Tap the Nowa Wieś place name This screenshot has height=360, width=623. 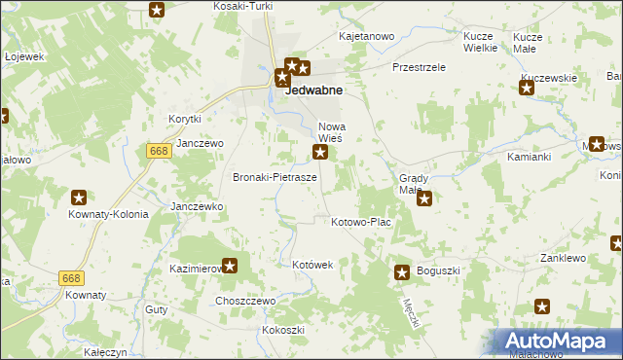(x=334, y=133)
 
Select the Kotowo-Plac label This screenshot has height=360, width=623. (x=361, y=222)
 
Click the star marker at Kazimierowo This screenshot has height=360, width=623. (x=231, y=265)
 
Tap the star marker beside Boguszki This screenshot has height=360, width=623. (x=401, y=273)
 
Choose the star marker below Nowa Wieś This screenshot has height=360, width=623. (x=319, y=152)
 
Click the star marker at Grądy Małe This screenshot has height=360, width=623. (x=424, y=199)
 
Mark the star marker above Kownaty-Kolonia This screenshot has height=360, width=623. (x=80, y=198)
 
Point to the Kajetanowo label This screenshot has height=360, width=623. (x=365, y=37)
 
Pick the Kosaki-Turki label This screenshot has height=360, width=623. (x=242, y=6)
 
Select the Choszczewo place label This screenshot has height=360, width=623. (x=245, y=302)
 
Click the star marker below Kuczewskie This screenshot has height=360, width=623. (x=527, y=89)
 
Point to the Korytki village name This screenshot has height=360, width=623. (x=184, y=119)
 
